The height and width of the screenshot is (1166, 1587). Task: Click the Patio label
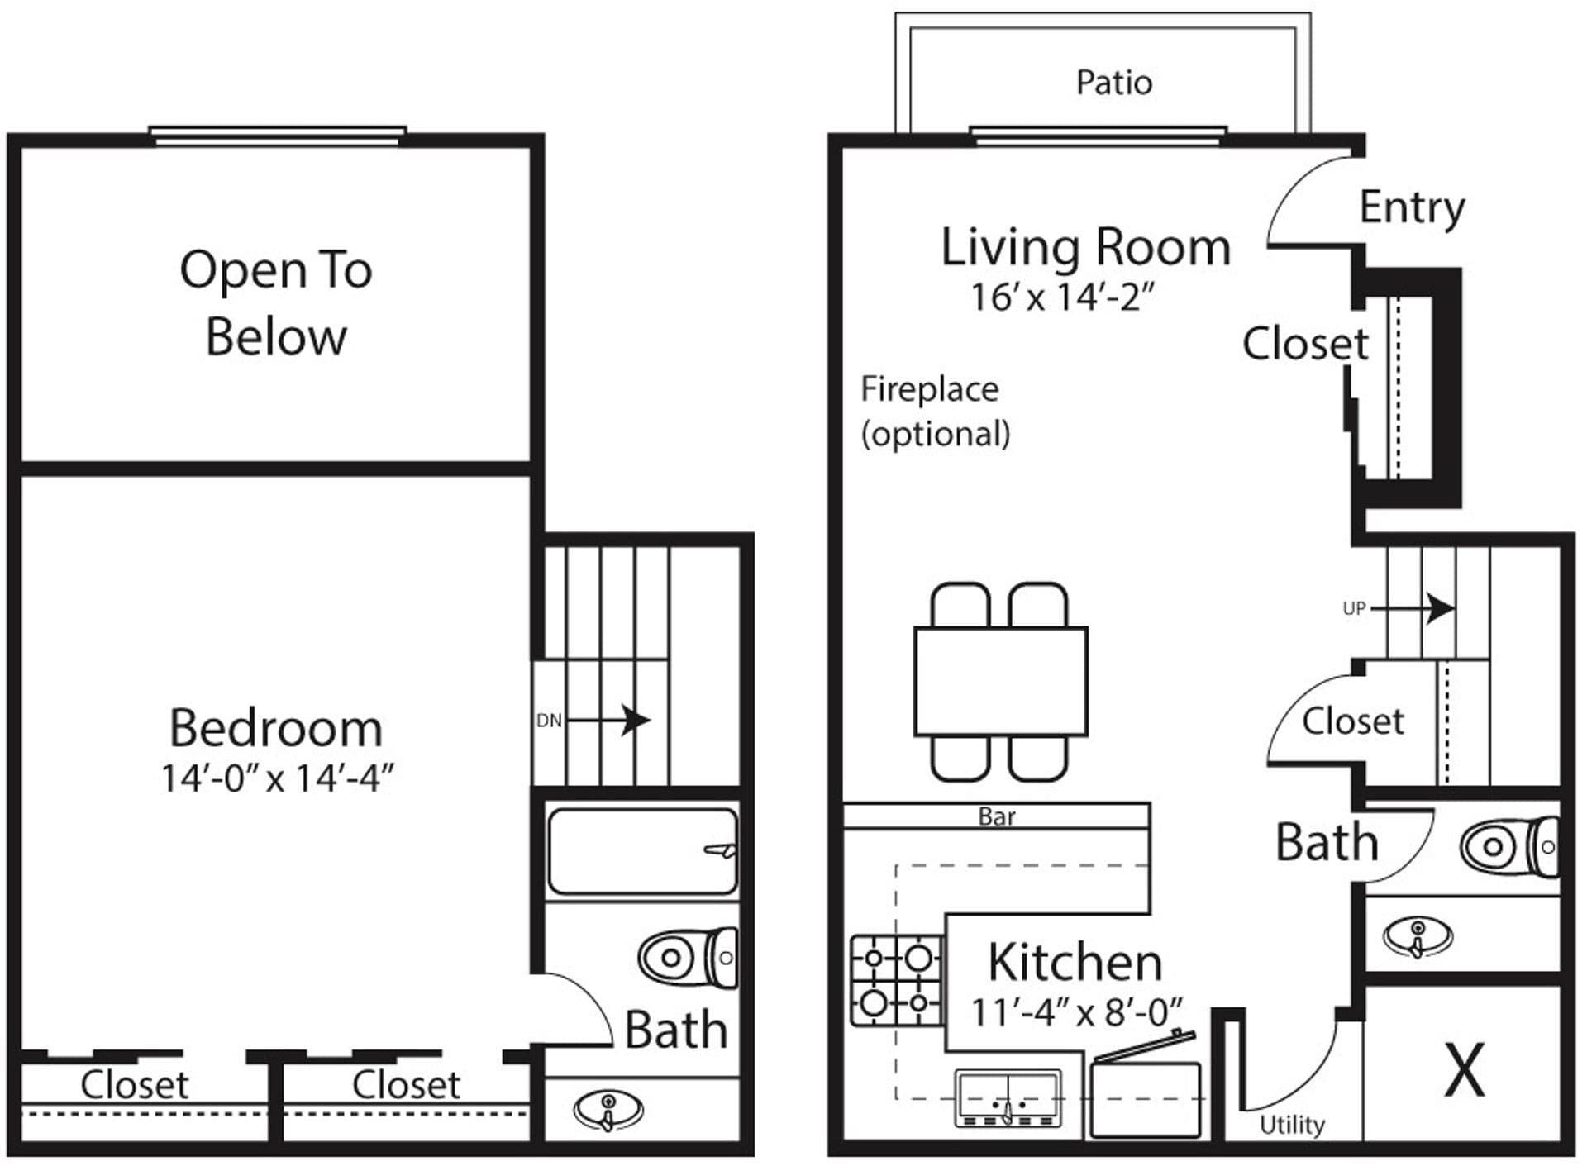click(1113, 83)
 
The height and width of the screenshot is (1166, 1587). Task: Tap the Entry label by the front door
click(1412, 207)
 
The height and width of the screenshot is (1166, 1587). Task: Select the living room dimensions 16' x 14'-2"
click(1062, 297)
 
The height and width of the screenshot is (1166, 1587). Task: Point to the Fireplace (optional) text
click(934, 411)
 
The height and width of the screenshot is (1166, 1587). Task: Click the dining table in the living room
click(1000, 682)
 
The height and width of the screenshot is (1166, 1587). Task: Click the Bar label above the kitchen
click(996, 816)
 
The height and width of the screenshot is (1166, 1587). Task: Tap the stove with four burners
click(896, 981)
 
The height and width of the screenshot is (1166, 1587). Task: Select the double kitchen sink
click(1008, 1098)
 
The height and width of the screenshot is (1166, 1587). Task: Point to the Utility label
click(1291, 1125)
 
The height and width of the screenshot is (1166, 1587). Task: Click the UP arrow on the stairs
click(1413, 609)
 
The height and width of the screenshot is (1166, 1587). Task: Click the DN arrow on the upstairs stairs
click(608, 720)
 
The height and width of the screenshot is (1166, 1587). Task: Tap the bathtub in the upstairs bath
click(642, 851)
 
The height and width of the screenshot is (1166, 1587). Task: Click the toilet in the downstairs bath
click(1508, 846)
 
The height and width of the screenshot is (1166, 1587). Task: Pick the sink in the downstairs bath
click(1418, 936)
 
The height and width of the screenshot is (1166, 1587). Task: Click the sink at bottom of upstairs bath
click(608, 1110)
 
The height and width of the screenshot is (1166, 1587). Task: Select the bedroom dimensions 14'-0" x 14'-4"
click(277, 778)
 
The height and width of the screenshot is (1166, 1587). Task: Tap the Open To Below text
click(276, 303)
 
